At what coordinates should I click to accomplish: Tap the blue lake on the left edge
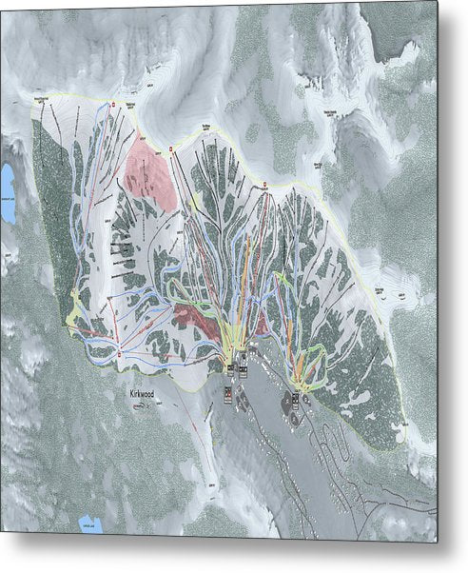coord(8,194)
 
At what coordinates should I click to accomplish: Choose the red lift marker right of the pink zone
coord(171,149)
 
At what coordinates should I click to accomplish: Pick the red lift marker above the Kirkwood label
coord(119,354)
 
